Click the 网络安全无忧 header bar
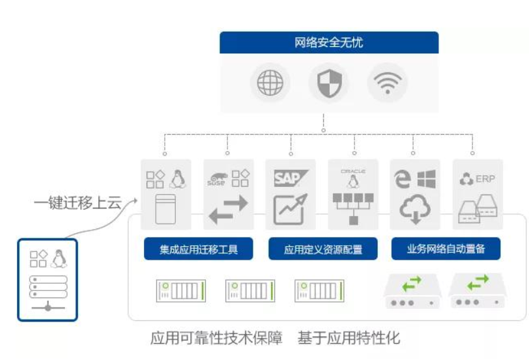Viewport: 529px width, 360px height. (328, 43)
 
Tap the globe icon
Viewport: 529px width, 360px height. (270, 83)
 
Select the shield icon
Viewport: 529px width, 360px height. (328, 83)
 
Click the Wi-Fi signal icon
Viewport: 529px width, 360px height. (387, 83)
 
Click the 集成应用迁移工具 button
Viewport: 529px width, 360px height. (198, 249)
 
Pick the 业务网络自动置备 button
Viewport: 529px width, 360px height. (446, 249)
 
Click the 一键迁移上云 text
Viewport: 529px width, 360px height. (78, 203)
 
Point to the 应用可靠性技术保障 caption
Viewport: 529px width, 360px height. (216, 338)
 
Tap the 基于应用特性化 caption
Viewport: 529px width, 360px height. (349, 338)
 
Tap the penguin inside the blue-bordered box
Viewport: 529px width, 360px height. (59, 257)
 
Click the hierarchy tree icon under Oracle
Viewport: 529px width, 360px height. (353, 204)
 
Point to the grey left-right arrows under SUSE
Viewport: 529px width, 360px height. (227, 209)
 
